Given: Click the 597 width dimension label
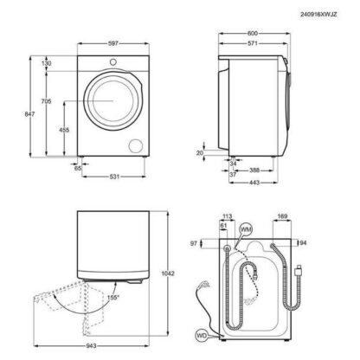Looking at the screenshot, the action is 113,43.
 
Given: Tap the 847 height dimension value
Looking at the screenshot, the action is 29,114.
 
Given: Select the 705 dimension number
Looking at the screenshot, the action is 46,101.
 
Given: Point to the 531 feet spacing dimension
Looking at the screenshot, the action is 114,177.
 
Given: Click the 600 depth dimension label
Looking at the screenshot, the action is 253,34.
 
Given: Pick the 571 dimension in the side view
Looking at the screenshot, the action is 253,43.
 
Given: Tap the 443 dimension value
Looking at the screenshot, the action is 254,183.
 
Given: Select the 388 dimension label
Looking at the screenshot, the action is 254,170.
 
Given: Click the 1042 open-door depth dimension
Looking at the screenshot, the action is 168,273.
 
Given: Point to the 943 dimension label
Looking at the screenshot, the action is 91,346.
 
